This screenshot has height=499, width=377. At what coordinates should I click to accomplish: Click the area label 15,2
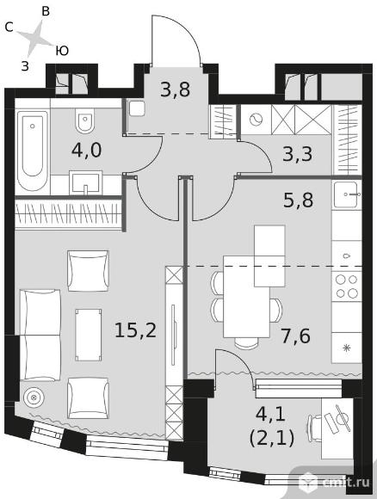(135, 330)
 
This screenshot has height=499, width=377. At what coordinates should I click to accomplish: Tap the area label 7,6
(295, 336)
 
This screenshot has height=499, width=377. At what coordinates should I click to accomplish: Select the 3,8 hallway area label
(175, 89)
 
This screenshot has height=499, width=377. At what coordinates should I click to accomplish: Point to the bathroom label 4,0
(86, 151)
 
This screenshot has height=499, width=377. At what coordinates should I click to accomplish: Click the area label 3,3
(298, 154)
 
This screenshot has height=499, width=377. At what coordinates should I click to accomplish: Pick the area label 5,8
(299, 200)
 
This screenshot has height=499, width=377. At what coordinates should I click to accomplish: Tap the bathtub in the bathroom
(33, 151)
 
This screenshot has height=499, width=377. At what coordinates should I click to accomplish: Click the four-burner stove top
(346, 286)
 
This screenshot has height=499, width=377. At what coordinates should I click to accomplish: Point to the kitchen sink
(347, 194)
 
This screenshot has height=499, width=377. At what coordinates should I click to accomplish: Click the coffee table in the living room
(89, 335)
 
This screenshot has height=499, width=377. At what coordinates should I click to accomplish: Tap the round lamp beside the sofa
(33, 397)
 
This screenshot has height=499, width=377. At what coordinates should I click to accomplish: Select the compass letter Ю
(62, 51)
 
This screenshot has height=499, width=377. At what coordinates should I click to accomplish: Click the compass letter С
(9, 28)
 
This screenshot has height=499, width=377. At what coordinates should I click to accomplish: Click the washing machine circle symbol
(256, 120)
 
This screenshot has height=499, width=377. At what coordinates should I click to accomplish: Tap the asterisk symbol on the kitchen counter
(346, 348)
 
